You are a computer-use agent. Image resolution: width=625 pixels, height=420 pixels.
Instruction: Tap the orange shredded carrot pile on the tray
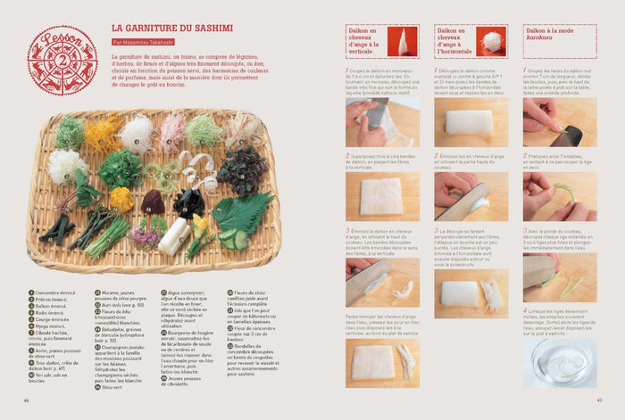click(102, 135)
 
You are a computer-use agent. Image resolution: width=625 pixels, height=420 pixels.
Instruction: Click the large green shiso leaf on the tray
click(242, 211)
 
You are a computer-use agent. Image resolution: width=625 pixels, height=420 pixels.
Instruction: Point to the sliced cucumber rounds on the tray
click(233, 238)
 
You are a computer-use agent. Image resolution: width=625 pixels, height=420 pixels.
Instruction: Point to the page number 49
click(599, 399)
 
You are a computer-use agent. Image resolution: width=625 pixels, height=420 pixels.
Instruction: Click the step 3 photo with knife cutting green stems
click(560, 272)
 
